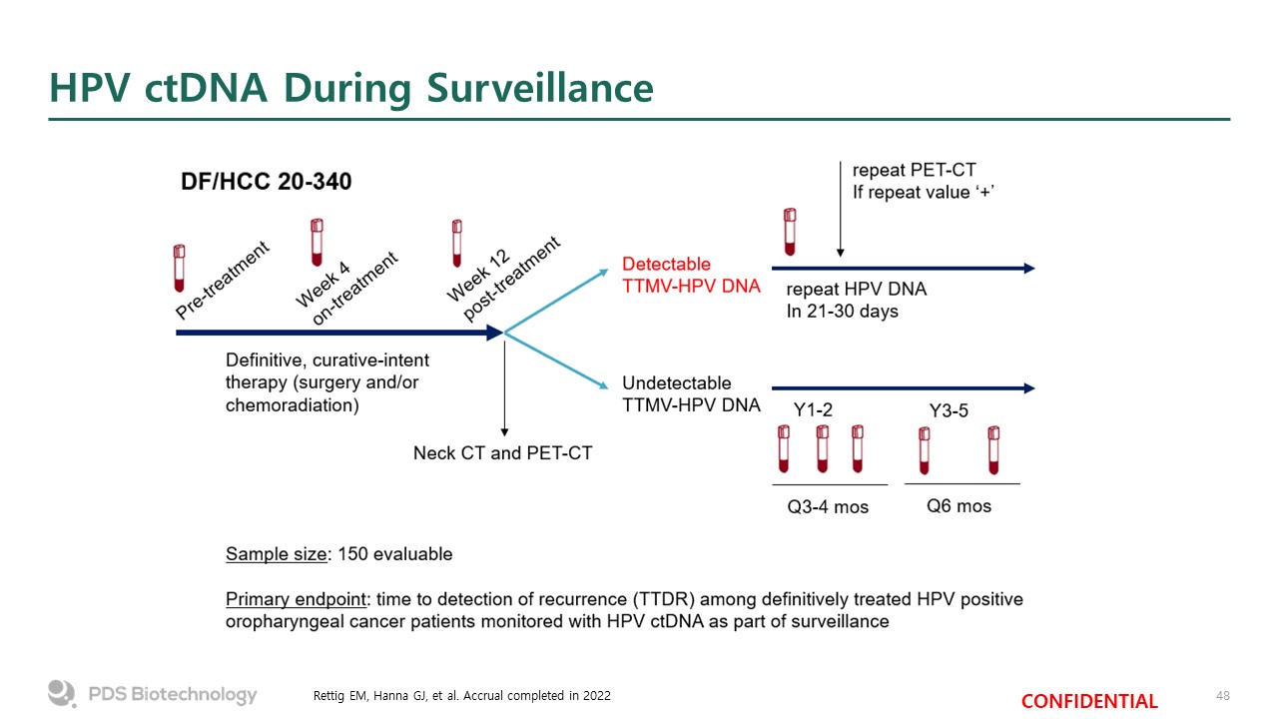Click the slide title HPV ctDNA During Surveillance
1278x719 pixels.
coord(351,88)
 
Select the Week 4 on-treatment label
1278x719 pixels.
coord(346,287)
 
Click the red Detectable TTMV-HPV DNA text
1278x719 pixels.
coord(690,275)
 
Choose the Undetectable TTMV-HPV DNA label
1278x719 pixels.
coord(690,393)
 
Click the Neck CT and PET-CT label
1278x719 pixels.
coord(502,453)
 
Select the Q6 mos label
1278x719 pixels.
coord(958,505)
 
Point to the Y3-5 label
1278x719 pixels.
coord(949,410)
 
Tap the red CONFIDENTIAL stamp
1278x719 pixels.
coord(1089,701)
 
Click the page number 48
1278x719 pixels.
coord(1222,695)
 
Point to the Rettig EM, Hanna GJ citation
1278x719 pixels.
coord(462,695)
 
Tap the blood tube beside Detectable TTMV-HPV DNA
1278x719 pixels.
coord(790,231)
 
